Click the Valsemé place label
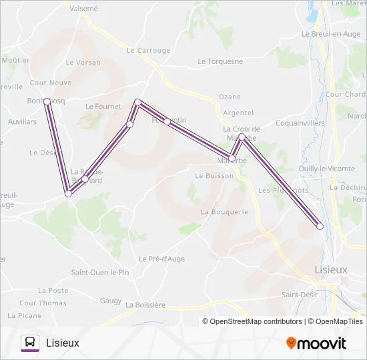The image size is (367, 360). (83, 9)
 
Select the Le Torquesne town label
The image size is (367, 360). (220, 61)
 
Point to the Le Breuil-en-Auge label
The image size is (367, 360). (331, 34)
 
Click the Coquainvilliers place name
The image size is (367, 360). (300, 123)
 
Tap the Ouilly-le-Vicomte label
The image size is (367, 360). (327, 169)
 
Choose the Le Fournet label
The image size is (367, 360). (103, 107)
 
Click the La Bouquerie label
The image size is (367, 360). (224, 212)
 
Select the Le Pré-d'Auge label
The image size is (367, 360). (161, 259)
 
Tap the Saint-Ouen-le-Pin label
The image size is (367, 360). (100, 273)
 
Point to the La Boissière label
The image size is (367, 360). (145, 305)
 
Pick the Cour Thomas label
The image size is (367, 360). (43, 303)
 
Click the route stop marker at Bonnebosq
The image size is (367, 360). (47, 101)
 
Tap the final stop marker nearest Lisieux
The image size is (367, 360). (320, 226)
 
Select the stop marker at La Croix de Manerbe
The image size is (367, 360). (242, 137)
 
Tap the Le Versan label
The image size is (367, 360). (83, 63)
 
